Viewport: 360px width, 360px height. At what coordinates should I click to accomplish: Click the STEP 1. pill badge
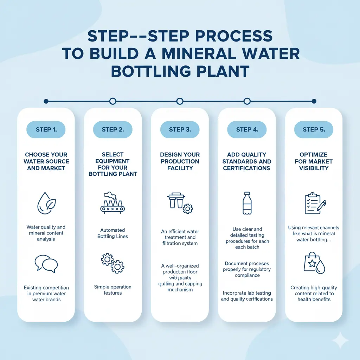[46, 129]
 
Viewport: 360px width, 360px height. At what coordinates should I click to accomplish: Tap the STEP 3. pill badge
[180, 129]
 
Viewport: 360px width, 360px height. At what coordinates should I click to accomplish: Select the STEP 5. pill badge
[314, 129]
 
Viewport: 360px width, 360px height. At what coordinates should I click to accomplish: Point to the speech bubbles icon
[46, 264]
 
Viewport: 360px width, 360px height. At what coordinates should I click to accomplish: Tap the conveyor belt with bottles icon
[112, 203]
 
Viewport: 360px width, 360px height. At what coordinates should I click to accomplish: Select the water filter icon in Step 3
[180, 202]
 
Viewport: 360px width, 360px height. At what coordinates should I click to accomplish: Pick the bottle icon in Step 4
[247, 203]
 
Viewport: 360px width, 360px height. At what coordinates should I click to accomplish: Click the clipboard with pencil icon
[314, 203]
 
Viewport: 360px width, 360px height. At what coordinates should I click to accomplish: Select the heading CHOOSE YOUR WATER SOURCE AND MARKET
[46, 161]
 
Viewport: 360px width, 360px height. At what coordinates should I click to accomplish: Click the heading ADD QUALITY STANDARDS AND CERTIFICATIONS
[247, 161]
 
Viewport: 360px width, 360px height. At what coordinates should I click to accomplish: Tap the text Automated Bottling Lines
[112, 233]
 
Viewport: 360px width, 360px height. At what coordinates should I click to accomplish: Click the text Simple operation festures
[112, 290]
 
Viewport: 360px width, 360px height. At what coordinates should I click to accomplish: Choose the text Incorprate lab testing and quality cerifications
[247, 296]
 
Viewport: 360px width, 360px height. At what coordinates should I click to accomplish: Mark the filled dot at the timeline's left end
[46, 101]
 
